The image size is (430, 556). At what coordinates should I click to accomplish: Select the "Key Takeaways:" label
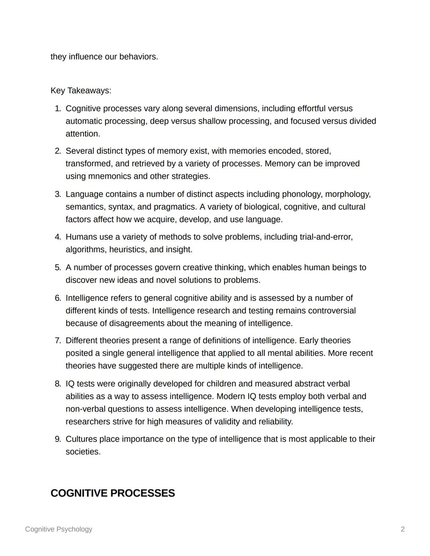[81, 91]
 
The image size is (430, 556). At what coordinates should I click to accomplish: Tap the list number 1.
[58, 109]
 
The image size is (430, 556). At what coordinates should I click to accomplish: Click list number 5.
[58, 267]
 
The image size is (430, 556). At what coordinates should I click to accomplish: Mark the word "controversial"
[332, 311]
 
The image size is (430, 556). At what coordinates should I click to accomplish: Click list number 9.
[58, 439]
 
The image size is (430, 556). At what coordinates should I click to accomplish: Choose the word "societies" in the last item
[82, 452]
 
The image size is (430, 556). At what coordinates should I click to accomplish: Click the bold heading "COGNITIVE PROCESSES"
[113, 494]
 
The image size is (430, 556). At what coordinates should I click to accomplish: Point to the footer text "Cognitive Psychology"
[59, 529]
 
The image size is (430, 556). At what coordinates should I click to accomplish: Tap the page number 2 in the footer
[403, 529]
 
